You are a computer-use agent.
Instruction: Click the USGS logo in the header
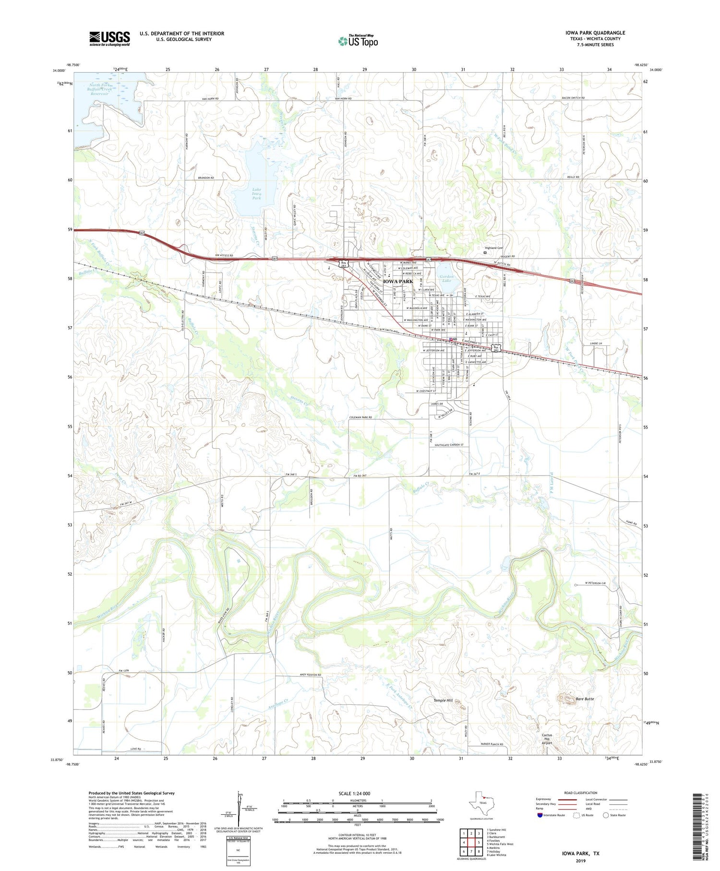109,38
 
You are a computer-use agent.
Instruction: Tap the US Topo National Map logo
358,41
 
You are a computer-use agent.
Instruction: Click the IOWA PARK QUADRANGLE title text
595,33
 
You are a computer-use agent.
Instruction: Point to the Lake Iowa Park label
257,194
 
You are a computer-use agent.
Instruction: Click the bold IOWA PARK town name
398,282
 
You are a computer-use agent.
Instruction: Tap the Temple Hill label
443,700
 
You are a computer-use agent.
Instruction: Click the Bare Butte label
585,699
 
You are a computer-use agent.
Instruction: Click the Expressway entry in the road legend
543,799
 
